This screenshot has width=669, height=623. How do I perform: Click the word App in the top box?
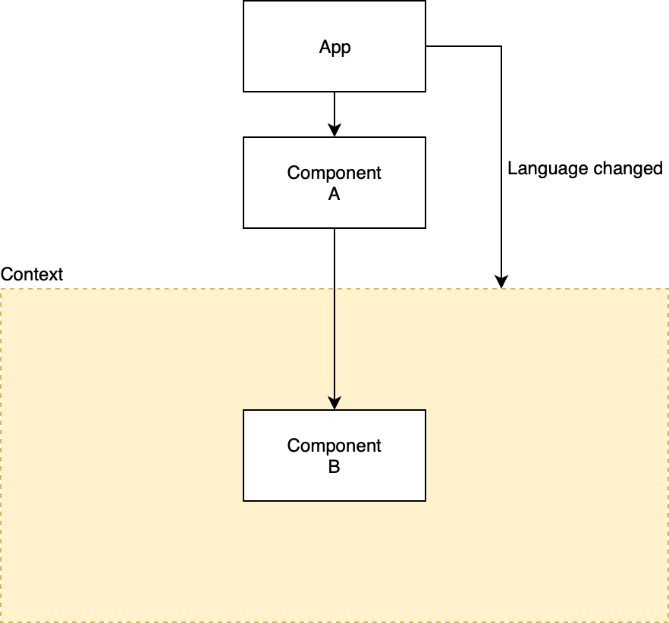click(x=334, y=47)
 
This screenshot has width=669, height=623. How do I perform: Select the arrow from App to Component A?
click(x=334, y=110)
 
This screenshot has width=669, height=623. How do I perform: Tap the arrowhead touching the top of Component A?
click(x=334, y=130)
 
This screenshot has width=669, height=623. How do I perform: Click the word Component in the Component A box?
click(x=334, y=173)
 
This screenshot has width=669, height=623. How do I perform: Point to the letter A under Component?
click(x=334, y=195)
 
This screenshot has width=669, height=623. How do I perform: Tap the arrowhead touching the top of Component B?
click(x=334, y=403)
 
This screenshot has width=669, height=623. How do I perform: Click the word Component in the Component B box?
click(x=334, y=446)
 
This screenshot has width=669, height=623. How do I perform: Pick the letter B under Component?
click(x=334, y=468)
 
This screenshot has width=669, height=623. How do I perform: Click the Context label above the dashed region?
click(x=32, y=274)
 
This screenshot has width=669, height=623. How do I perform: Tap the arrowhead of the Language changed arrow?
click(x=501, y=282)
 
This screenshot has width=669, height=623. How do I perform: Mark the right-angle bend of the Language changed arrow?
click(x=501, y=47)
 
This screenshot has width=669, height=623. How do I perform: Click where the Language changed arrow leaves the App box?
click(x=426, y=47)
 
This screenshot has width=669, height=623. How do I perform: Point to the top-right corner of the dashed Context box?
click(x=668, y=289)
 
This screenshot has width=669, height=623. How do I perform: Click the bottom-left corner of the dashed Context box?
click(x=1, y=621)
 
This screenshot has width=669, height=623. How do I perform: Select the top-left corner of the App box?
click(x=243, y=2)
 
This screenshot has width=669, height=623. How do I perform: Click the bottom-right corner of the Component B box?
click(x=426, y=500)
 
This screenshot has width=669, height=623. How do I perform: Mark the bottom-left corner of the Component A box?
click(x=243, y=227)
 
